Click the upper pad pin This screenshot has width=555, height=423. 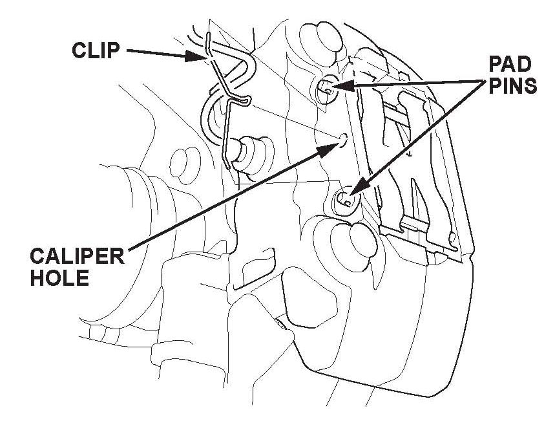pos(328,89)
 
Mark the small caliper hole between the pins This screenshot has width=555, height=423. pos(343,138)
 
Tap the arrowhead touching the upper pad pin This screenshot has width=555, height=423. pos(340,85)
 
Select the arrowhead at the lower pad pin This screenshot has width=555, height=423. pos(358,190)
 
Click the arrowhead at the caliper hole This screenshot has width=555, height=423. pos(329,150)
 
